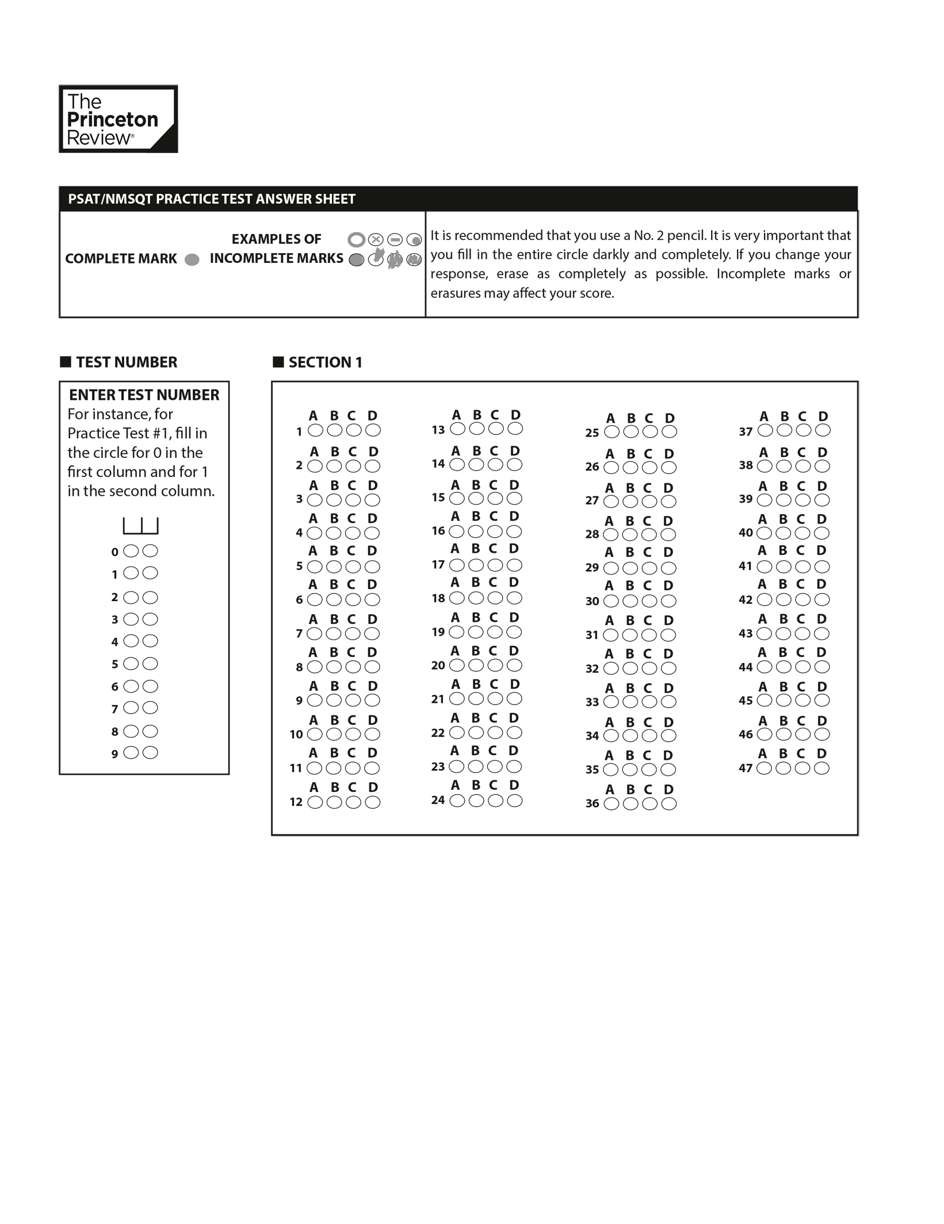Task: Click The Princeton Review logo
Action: (x=118, y=119)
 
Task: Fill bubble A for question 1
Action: (x=315, y=430)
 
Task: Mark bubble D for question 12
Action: (x=373, y=802)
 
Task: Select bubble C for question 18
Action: (x=495, y=598)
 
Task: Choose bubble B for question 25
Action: (x=631, y=432)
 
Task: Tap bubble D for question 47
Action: (x=821, y=768)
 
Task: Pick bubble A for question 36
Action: (x=612, y=804)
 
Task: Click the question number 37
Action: (x=746, y=431)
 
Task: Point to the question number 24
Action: (x=438, y=800)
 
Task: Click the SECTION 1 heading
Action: (x=325, y=362)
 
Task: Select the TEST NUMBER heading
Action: (x=127, y=362)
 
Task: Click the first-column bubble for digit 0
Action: (x=131, y=551)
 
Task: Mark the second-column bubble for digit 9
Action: (x=150, y=753)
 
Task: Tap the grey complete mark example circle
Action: (x=192, y=259)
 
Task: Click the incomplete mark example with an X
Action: (x=376, y=239)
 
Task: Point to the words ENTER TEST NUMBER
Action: (x=144, y=395)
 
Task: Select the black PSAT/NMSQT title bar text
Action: (x=212, y=199)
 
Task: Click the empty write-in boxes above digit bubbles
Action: (x=140, y=526)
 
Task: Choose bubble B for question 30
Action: (x=630, y=602)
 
